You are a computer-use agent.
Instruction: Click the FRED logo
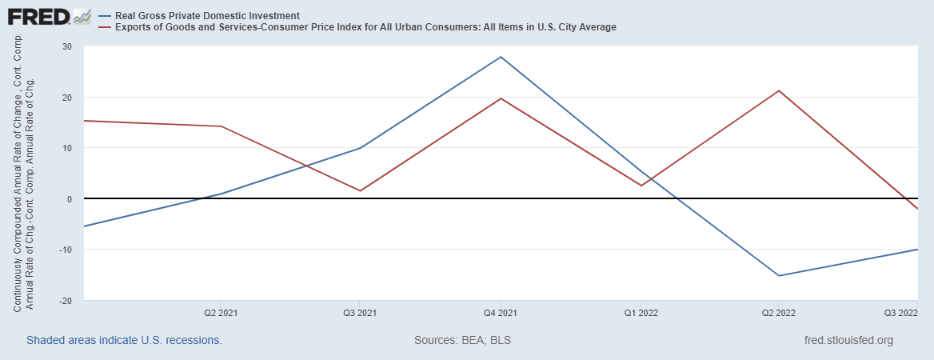(x=46, y=16)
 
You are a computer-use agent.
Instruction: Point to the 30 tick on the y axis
(x=66, y=46)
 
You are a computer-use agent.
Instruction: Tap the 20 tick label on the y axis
(x=66, y=98)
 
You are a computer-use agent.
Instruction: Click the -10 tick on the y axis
(x=66, y=250)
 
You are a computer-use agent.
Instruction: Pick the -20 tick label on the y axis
(x=66, y=300)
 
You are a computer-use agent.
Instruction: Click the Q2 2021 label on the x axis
(x=221, y=313)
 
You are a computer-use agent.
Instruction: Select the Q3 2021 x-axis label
(x=360, y=313)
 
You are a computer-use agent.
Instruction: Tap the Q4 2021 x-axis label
(x=501, y=313)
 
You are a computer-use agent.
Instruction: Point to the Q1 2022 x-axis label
(x=641, y=313)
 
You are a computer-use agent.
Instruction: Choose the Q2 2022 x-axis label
(x=780, y=313)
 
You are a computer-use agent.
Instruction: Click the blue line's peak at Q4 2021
(x=501, y=57)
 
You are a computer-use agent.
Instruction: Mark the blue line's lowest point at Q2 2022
(x=780, y=276)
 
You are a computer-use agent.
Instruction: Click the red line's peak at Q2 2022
(x=780, y=90)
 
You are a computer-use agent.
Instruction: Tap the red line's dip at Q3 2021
(x=360, y=190)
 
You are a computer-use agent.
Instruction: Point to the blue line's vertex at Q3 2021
(x=360, y=148)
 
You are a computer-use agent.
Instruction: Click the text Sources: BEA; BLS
(x=462, y=340)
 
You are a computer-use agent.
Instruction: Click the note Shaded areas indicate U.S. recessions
(x=124, y=340)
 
